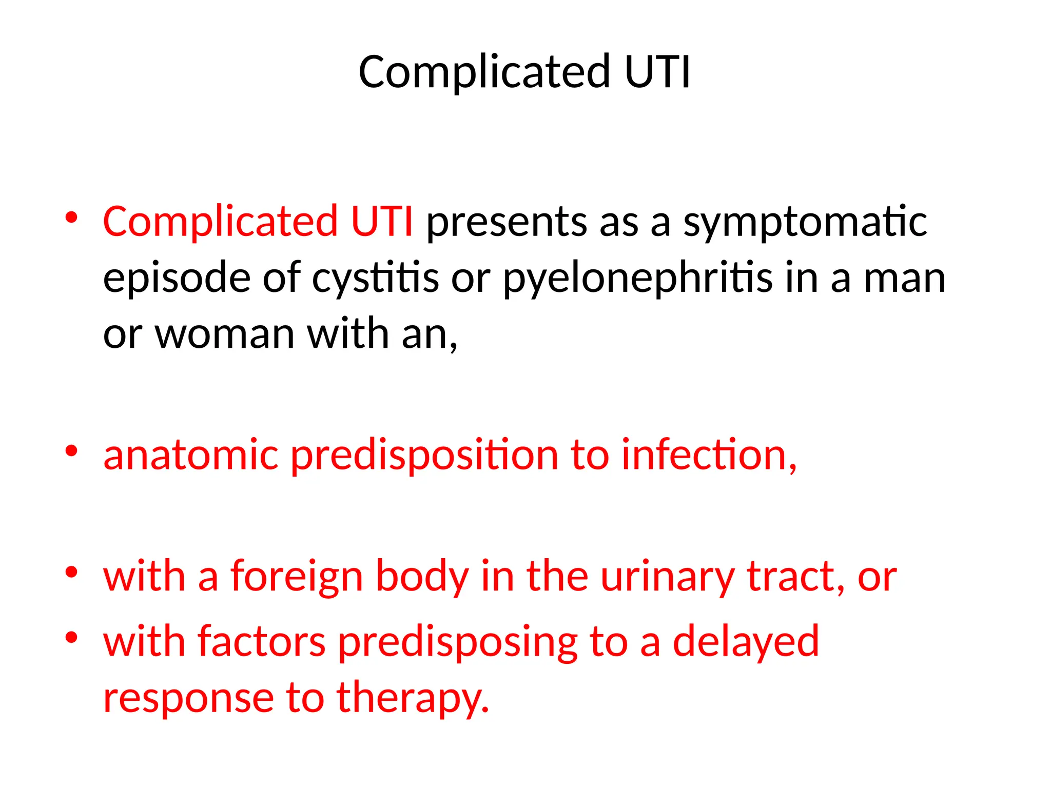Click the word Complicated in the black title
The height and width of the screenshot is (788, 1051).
point(484,73)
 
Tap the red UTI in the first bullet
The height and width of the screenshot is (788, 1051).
point(381,222)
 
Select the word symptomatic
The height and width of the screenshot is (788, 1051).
point(805,224)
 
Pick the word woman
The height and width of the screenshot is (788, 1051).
point(225,334)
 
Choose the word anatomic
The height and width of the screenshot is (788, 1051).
point(191,455)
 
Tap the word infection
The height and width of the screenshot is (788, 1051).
point(709,455)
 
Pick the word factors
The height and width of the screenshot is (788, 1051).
point(262,642)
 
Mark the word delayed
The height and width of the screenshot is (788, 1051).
point(746,643)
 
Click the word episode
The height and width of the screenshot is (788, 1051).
point(176,278)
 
